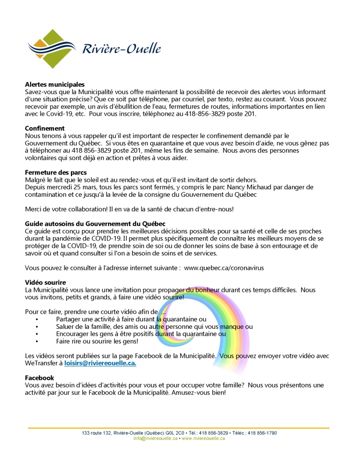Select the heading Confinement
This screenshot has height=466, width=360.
click(45, 128)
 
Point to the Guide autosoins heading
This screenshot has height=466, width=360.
click(95, 223)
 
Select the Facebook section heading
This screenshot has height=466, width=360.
click(39, 377)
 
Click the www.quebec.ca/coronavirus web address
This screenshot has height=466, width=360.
click(224, 268)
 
